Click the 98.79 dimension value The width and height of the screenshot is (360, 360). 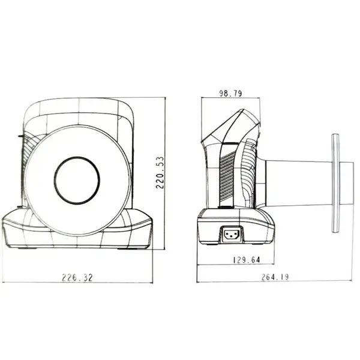[230, 94]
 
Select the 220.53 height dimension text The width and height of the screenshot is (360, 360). [160, 173]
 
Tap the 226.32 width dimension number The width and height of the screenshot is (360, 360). [77, 278]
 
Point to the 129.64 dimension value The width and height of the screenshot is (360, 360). [247, 260]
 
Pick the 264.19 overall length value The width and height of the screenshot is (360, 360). [275, 277]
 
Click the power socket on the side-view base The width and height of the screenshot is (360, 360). [232, 235]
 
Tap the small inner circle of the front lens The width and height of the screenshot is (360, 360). [77, 181]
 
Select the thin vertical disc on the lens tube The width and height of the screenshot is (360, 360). [335, 183]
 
